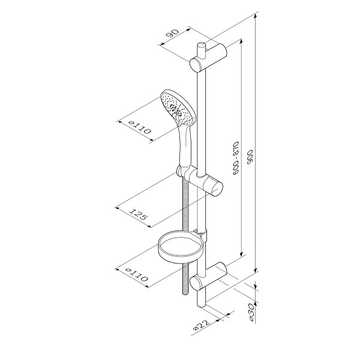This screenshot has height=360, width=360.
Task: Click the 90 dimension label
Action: click(173, 34)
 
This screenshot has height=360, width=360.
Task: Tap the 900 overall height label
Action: click(250, 157)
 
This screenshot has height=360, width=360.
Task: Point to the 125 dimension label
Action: click(138, 214)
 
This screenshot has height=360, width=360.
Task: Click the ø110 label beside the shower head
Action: click(140, 128)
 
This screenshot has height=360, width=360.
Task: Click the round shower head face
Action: click(178, 108)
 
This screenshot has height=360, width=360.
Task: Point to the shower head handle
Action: click(185, 147)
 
